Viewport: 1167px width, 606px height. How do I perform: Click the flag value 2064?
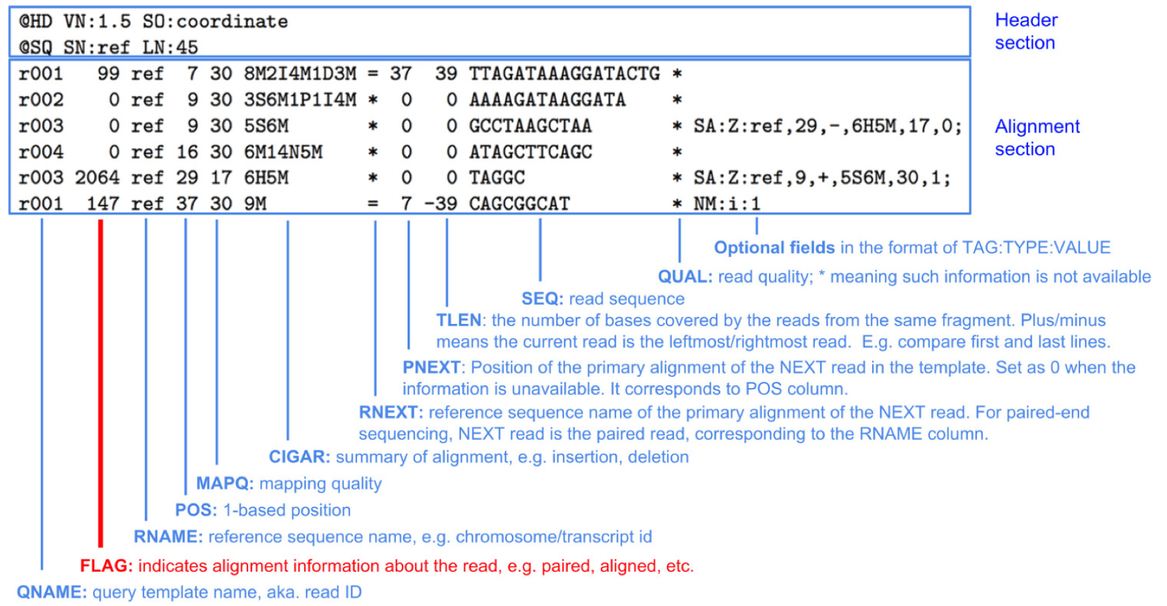[x=97, y=178]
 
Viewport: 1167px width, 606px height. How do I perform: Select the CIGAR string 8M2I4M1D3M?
[x=300, y=74]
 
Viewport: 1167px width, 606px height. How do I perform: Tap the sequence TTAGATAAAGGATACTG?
[x=565, y=74]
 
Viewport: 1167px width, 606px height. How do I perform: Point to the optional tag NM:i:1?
[x=727, y=204]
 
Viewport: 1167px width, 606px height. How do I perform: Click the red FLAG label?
[x=106, y=566]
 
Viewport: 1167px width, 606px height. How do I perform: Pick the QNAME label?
[x=51, y=592]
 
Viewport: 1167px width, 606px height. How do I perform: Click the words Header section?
[x=1025, y=31]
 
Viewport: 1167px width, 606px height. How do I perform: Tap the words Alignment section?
[x=1037, y=138]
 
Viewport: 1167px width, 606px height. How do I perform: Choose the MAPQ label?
[x=225, y=483]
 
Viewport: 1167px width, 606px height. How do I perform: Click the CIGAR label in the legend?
[x=300, y=457]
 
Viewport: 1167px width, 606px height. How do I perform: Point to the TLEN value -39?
[x=440, y=204]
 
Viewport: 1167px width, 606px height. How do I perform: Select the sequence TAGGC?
[x=497, y=178]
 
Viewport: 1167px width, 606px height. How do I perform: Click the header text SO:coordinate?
[x=215, y=22]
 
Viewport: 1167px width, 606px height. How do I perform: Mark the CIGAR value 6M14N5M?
[x=283, y=152]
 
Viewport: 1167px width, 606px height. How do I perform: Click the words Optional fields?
[x=774, y=248]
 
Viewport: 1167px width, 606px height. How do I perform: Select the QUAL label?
[x=685, y=277]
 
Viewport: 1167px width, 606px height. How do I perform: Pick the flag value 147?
[x=103, y=204]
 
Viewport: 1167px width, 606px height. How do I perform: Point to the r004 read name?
[x=41, y=152]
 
